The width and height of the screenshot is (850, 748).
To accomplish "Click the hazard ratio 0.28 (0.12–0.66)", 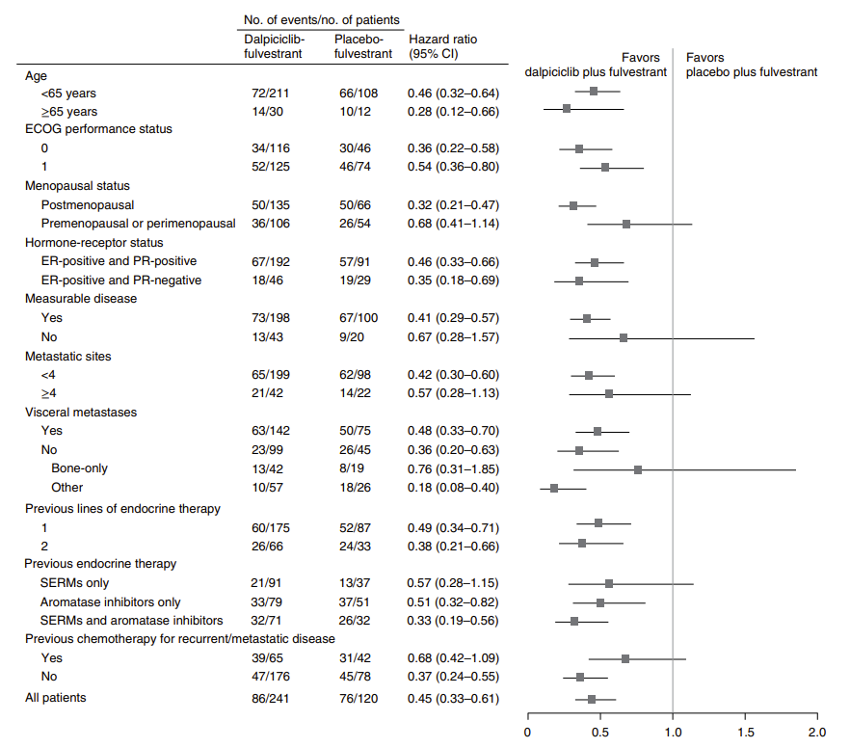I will [452, 112].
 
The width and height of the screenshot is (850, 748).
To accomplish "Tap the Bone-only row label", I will [80, 468].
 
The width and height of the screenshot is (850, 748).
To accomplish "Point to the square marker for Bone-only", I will [638, 469].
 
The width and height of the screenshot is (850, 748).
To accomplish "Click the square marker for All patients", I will [592, 699].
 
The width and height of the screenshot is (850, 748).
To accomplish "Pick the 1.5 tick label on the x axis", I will [745, 732].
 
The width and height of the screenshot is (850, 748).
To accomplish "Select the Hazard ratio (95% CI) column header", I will [442, 46].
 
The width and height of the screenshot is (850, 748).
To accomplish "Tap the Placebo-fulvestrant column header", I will [363, 46].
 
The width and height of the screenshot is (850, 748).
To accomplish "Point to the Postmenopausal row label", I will [88, 205].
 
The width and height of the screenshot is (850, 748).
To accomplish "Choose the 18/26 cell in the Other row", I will [351, 488].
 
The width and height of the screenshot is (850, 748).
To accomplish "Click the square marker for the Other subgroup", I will [554, 488].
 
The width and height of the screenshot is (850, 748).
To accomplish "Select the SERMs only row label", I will [75, 582].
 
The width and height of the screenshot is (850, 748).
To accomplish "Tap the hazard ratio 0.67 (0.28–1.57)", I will [452, 337].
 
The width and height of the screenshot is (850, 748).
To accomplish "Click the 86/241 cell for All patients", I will [269, 697].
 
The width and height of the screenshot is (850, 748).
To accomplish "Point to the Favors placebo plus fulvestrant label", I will [751, 65].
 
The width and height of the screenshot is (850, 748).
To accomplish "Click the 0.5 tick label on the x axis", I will [600, 732].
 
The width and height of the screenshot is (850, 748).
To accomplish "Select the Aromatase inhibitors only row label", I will [111, 601].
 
